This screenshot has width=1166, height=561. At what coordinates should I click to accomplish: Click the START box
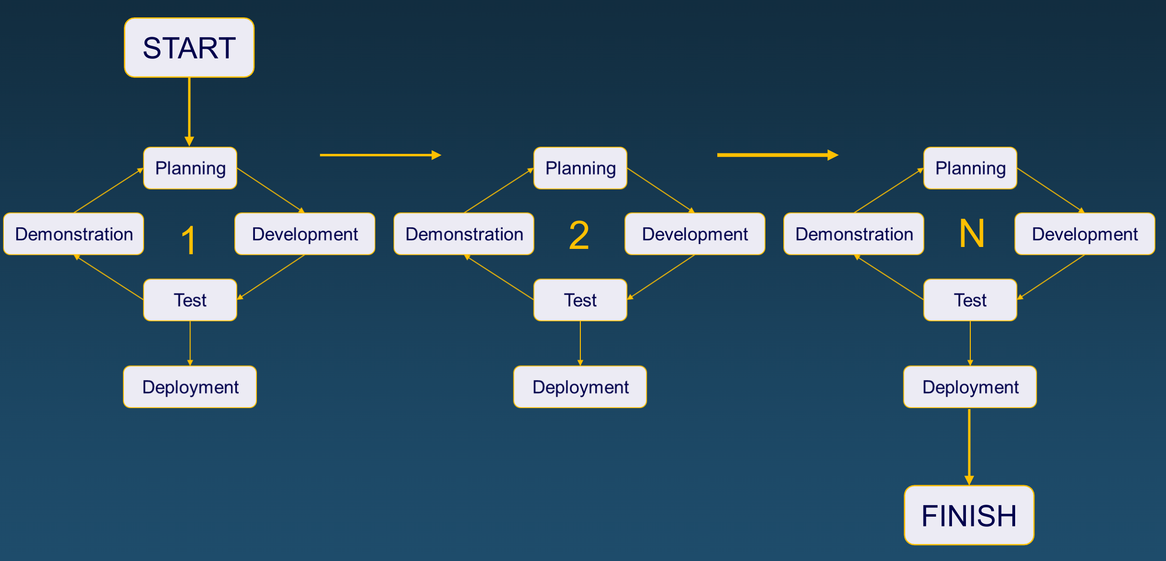[x=189, y=48]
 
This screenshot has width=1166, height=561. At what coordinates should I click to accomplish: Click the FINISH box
[x=969, y=515]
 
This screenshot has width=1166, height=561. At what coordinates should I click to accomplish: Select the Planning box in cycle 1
[x=190, y=168]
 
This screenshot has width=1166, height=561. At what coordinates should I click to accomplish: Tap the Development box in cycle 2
[x=695, y=234]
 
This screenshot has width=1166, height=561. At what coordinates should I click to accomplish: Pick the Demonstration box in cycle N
[x=854, y=234]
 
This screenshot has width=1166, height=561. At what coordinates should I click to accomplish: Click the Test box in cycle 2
[x=580, y=300]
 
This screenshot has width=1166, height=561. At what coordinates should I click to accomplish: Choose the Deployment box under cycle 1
[x=190, y=387]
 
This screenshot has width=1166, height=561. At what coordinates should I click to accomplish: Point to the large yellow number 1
[x=189, y=240]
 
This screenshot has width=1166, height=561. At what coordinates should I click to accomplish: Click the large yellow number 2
[x=579, y=235]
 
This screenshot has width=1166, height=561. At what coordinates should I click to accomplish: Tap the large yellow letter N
[x=971, y=233]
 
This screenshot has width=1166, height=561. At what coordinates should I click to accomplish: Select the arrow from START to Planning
[x=189, y=111]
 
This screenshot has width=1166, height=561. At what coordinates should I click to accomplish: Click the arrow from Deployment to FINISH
[x=969, y=446]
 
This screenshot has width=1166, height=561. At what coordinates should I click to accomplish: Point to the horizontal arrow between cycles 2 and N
[x=777, y=155]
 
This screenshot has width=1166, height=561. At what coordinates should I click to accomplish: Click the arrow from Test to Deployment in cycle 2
[x=580, y=343]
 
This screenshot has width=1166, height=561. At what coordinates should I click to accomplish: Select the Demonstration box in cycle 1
[x=74, y=234]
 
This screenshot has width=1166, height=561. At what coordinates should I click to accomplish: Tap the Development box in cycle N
[x=1085, y=234]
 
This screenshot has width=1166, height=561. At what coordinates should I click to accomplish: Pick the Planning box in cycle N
[x=970, y=168]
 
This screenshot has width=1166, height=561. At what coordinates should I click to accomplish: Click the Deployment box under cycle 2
[x=580, y=387]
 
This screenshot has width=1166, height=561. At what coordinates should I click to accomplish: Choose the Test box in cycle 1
[x=190, y=300]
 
